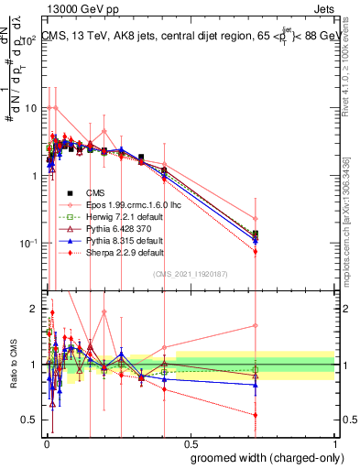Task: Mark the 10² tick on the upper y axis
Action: click(30, 41)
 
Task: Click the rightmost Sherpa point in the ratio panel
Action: click(256, 415)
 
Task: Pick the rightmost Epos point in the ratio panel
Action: click(256, 325)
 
